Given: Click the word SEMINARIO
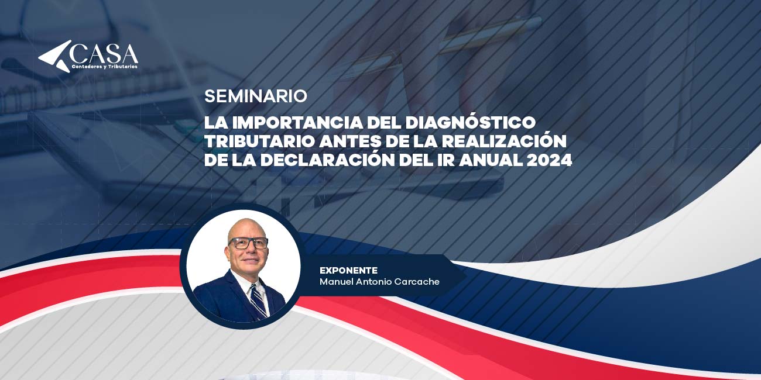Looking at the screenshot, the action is pos(256,96).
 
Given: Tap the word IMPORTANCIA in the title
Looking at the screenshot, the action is pos(297,123).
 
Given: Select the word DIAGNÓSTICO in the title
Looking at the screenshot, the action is pos(471,122).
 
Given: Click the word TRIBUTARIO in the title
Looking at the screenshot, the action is pos(259,141).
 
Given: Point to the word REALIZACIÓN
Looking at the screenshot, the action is pos(504,140).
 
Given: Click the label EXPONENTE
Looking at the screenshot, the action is pos(348,271).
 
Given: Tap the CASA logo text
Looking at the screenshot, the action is pos(104,53).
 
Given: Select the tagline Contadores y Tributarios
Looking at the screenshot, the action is pos(105,67).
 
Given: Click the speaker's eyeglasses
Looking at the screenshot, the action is pos(248,243).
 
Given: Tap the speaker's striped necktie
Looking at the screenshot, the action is pos(259,302).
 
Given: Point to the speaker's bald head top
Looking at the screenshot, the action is pos(247,224).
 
